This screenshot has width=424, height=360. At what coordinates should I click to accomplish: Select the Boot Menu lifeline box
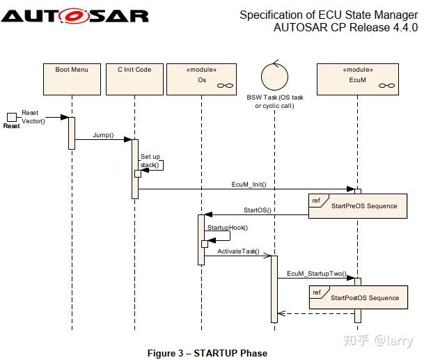[71, 78]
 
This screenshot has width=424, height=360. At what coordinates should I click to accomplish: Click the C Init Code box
[134, 78]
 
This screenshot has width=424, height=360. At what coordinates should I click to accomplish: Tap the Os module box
[201, 78]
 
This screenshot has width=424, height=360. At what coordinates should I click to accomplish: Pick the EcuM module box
[357, 78]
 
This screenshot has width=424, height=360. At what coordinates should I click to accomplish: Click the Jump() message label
[103, 135]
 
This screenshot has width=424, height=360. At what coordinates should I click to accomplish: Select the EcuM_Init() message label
[249, 184]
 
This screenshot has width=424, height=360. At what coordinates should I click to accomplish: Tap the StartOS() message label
[257, 210]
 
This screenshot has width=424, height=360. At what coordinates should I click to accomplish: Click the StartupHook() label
[227, 227]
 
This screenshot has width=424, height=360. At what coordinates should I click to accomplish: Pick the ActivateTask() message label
[238, 251]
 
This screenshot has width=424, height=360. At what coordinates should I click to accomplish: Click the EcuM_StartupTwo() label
[317, 274]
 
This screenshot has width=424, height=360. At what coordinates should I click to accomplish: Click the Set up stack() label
[150, 161]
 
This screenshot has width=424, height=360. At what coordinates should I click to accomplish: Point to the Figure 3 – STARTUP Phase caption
[207, 353]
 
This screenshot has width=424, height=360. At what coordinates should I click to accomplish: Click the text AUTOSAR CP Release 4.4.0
[345, 28]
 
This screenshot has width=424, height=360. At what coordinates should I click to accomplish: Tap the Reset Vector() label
[32, 116]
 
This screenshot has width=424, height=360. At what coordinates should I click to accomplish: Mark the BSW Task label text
[274, 102]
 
